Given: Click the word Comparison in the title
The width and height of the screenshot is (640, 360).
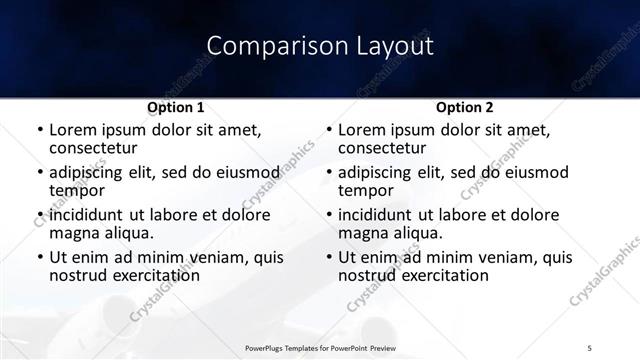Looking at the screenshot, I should click(x=262, y=46).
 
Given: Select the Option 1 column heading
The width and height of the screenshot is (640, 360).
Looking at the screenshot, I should click(x=176, y=107).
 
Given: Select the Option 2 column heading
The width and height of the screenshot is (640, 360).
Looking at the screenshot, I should click(x=464, y=107).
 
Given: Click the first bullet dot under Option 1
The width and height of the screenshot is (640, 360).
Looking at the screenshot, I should click(x=39, y=130).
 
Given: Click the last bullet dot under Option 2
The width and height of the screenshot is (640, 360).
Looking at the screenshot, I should click(x=328, y=258).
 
